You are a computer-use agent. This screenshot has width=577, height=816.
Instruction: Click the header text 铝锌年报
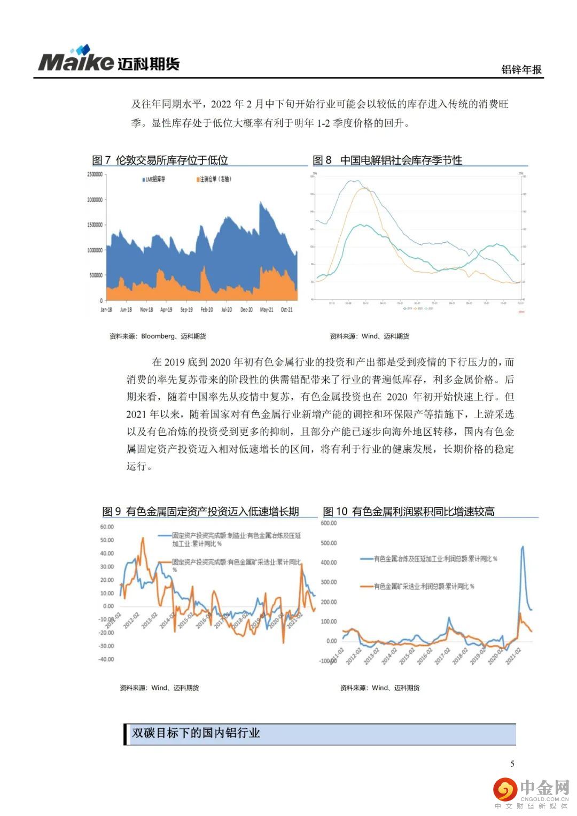point(521,70)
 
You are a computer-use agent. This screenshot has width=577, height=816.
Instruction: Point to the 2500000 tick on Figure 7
point(94,175)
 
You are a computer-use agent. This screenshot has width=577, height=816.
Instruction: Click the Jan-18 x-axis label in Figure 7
point(106,310)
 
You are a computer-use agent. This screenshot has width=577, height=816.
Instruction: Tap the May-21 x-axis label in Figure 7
point(267,310)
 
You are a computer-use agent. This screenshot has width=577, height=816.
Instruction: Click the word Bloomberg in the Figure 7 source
point(158,336)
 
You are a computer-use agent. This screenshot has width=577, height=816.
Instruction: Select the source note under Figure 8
point(369,336)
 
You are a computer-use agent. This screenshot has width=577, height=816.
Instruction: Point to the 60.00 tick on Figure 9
point(107,527)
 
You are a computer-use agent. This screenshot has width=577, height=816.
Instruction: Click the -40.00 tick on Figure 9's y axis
point(106,659)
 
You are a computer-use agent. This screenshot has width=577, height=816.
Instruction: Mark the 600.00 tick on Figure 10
point(329,523)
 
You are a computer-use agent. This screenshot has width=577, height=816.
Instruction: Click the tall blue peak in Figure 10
point(522,547)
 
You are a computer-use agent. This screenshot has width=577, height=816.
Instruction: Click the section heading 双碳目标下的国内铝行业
point(196,733)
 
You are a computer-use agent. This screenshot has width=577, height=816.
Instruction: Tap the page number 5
point(512,764)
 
